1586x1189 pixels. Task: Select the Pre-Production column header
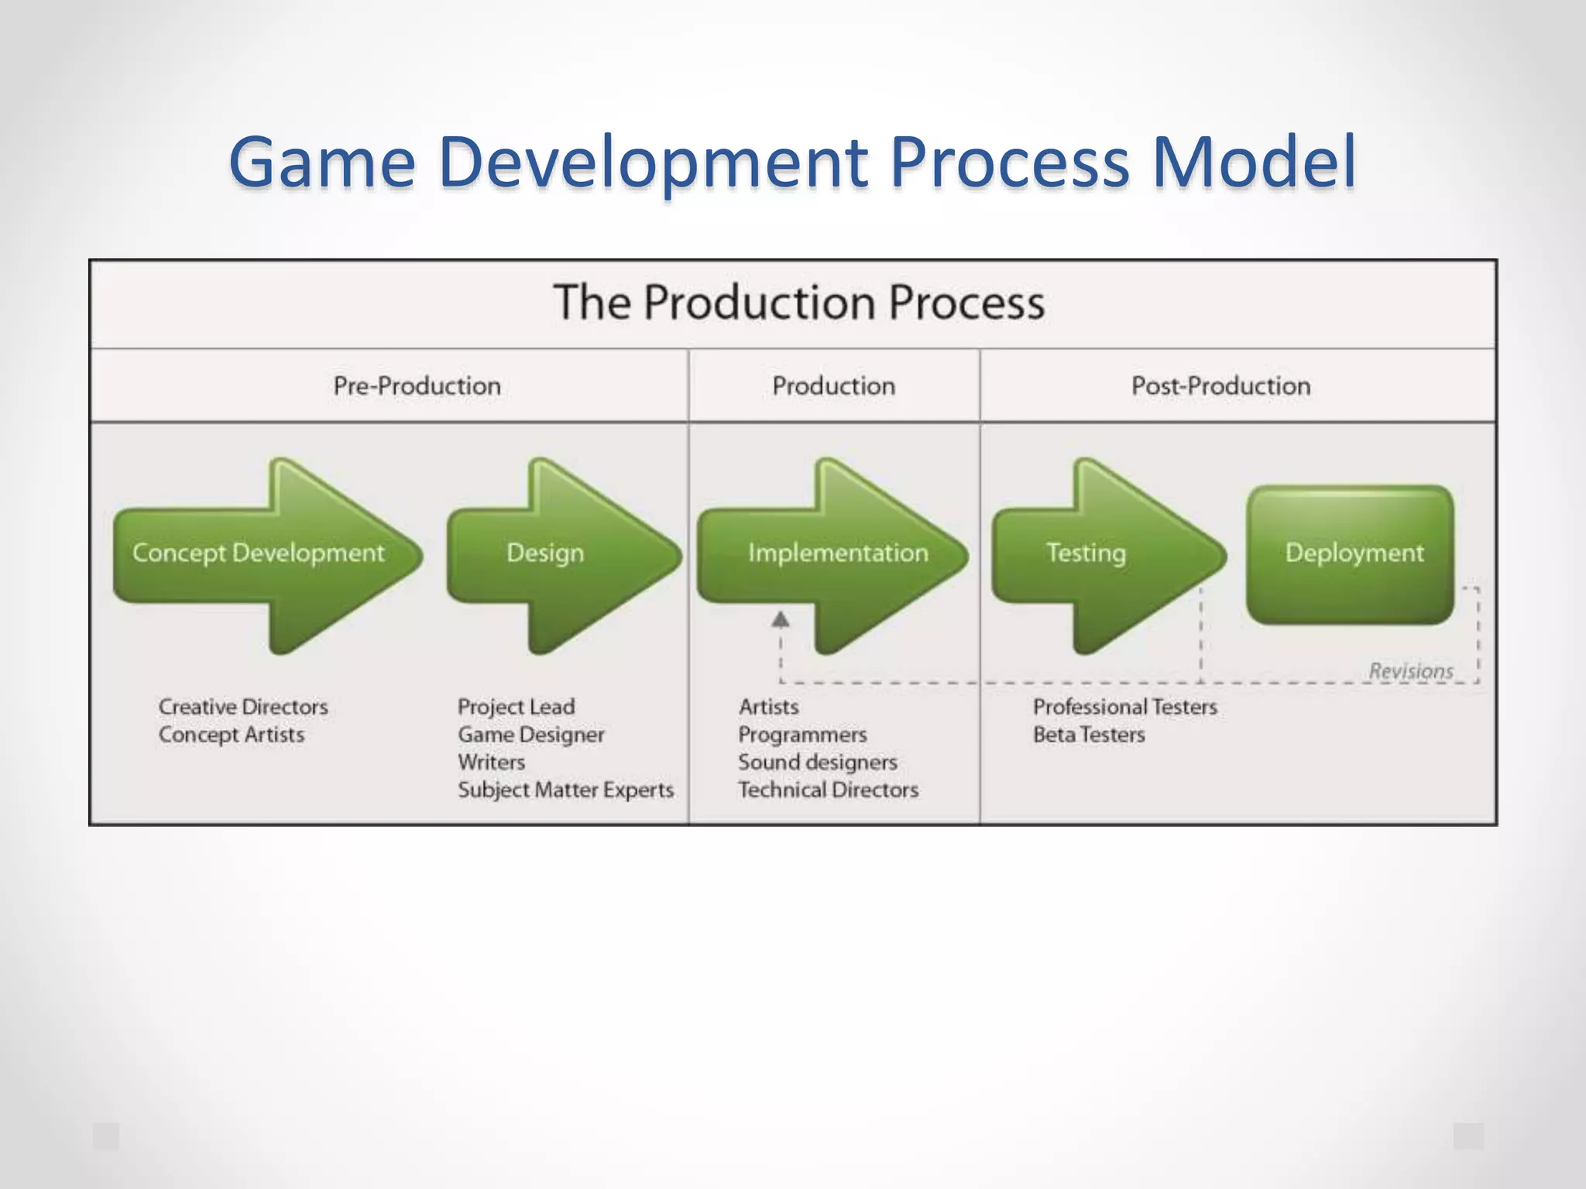(x=417, y=385)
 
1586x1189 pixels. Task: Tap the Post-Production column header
(x=1220, y=385)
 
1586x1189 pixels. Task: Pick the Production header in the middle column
(x=833, y=385)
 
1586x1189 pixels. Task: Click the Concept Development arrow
(x=259, y=553)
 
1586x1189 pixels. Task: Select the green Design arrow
(x=545, y=553)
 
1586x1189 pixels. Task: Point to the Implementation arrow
(x=838, y=553)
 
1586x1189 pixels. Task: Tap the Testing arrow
(x=1086, y=553)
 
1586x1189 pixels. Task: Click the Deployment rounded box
(x=1354, y=553)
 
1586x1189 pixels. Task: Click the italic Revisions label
(x=1410, y=670)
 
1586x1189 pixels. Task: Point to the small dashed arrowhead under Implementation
(x=781, y=619)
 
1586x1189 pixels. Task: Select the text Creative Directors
(x=243, y=707)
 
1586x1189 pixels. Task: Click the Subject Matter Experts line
(x=565, y=790)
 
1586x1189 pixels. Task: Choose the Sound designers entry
(x=817, y=762)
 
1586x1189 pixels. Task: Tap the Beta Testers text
(x=1088, y=734)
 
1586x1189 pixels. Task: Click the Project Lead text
(x=516, y=707)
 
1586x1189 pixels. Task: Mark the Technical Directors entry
(x=828, y=790)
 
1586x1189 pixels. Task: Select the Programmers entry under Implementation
(x=802, y=734)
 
